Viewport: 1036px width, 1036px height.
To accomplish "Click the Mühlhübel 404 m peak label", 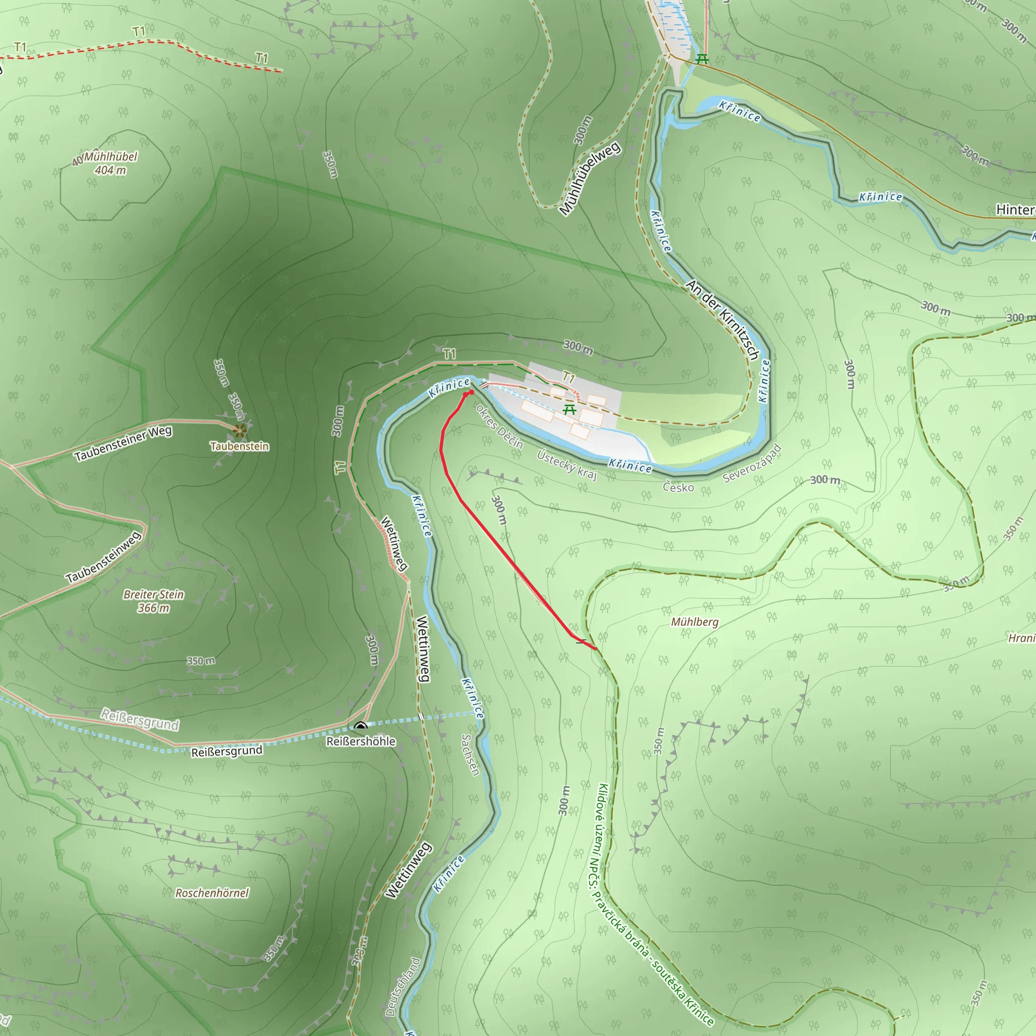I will tap(110, 163).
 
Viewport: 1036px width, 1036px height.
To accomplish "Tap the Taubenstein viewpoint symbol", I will tap(239, 429).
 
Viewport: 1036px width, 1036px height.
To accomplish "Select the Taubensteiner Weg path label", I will tap(123, 444).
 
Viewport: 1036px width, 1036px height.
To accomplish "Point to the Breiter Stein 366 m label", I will tap(153, 601).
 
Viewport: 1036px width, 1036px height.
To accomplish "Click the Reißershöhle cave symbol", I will tap(360, 726).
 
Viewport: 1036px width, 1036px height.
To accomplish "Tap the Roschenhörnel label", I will tap(212, 893).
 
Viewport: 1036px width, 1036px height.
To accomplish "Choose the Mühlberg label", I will tap(695, 622).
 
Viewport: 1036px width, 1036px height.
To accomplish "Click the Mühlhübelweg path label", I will tap(589, 178).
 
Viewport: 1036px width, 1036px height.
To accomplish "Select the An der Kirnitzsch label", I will tap(722, 320).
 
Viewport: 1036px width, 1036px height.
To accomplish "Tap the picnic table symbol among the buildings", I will tap(570, 410).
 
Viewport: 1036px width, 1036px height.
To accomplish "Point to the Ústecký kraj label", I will tap(567, 464).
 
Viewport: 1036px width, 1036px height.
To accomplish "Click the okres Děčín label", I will tap(499, 426).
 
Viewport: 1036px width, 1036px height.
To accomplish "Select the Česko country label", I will tap(678, 487).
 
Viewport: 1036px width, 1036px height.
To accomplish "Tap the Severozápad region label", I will tap(752, 463).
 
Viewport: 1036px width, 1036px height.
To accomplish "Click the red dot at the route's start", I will tap(471, 393).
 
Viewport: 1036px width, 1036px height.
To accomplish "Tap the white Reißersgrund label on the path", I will tap(140, 720).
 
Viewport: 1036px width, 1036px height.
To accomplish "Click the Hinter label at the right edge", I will tap(1015, 209).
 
